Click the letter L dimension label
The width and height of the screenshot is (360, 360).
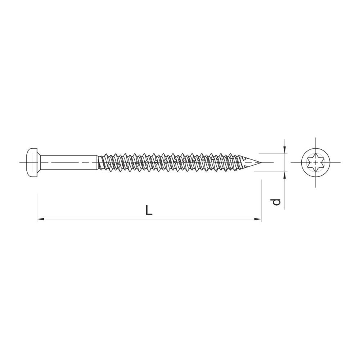tap(149, 210)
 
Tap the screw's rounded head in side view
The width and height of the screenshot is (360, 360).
tap(32, 163)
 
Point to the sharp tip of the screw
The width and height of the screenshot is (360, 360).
tap(261, 163)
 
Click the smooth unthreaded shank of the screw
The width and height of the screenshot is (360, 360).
tap(69, 163)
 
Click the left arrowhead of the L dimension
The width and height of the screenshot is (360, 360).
tap(40, 220)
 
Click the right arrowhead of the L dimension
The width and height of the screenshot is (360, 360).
tap(258, 220)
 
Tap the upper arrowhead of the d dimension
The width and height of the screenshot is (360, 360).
tap(285, 150)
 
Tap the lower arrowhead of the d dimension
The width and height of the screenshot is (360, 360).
tap(285, 175)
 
